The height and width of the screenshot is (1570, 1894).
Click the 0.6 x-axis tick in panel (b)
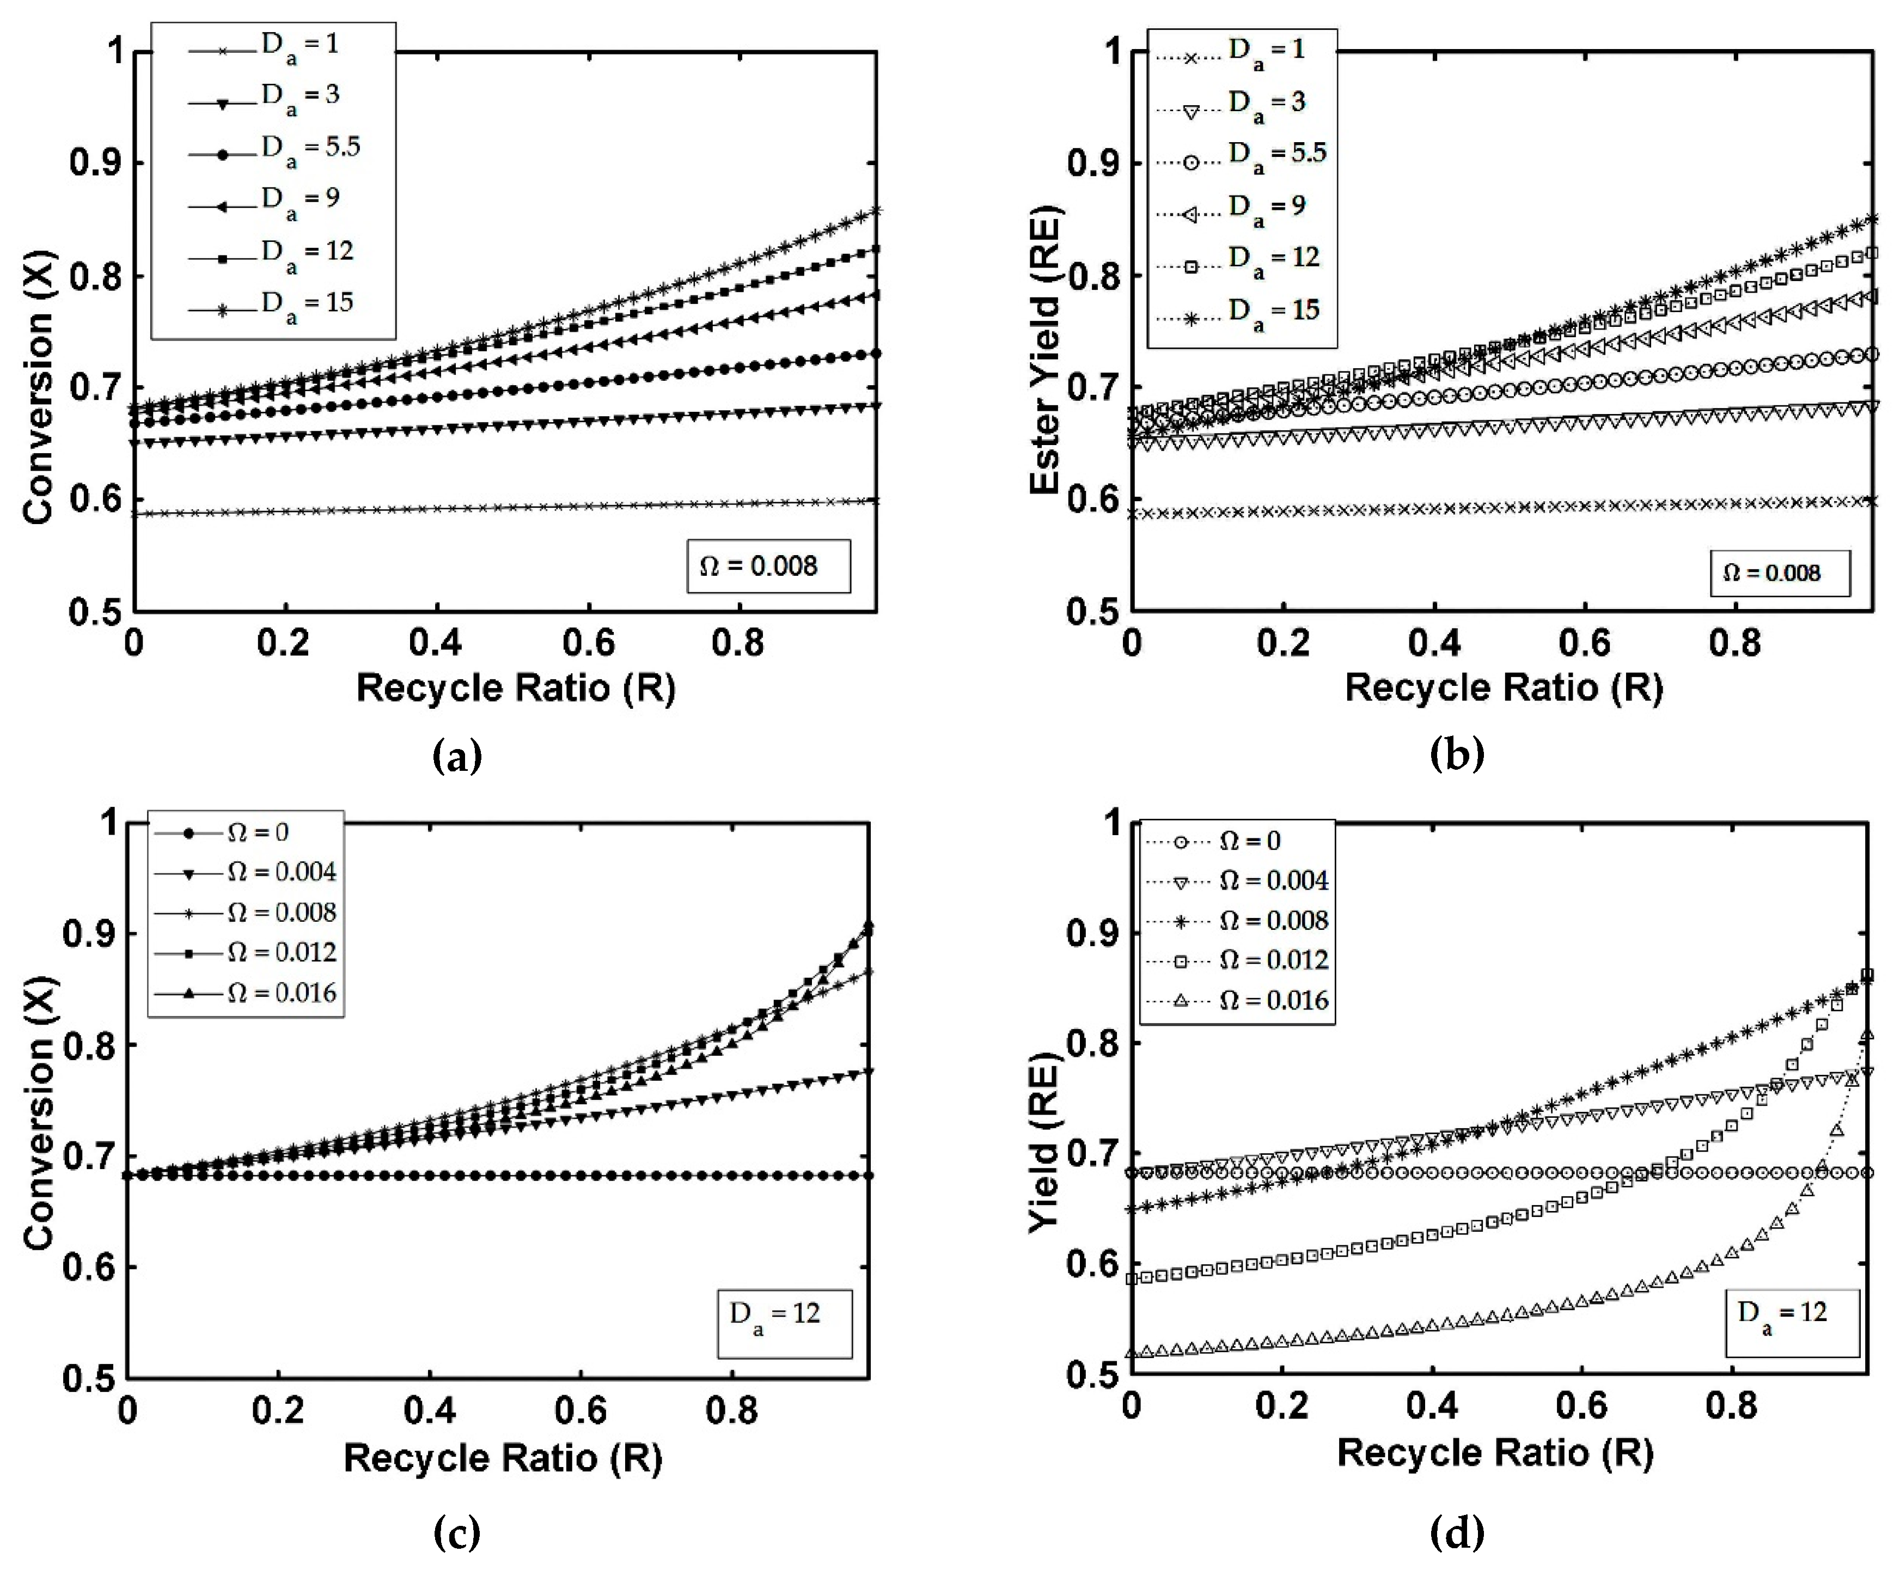click(1585, 642)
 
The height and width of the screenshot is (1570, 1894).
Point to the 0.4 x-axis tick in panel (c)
click(429, 1409)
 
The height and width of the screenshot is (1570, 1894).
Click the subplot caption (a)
click(457, 755)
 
